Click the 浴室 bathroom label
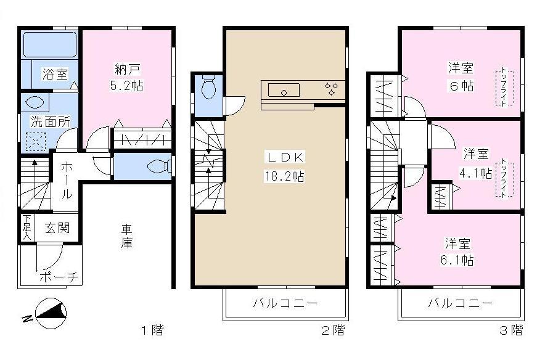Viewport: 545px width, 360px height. point(54,75)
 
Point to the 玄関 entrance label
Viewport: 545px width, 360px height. point(57,227)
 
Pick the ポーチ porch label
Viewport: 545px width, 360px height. point(59,277)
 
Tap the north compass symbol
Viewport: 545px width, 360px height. point(48,313)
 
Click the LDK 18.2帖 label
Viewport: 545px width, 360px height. point(285,166)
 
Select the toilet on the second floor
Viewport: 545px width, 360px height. point(208,89)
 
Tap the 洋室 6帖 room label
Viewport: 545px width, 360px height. point(461,76)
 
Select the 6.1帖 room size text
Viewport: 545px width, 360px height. point(460,261)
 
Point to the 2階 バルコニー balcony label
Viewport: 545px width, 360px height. point(285,303)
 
